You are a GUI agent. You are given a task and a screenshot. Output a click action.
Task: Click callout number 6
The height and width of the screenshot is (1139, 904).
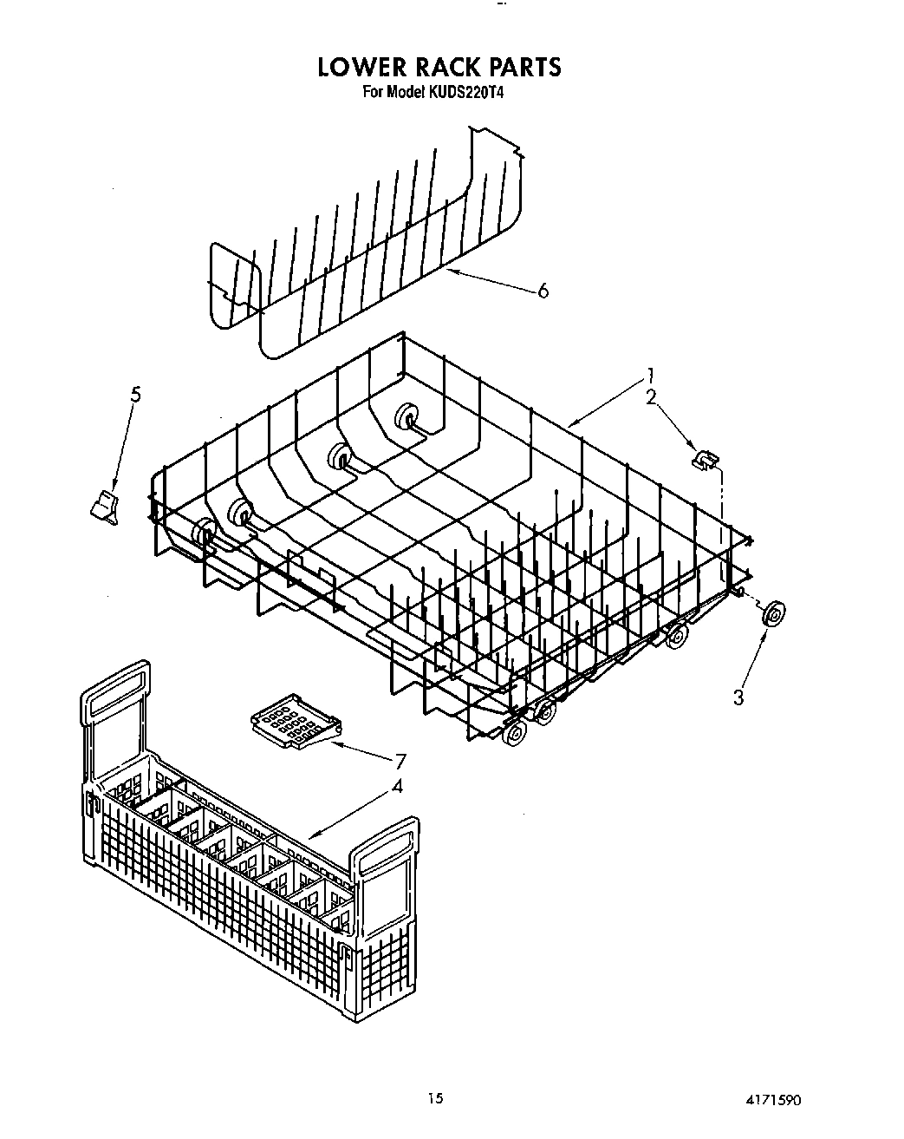pyautogui.click(x=543, y=291)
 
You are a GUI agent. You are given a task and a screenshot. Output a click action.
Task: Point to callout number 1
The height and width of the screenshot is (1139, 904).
pyautogui.click(x=649, y=376)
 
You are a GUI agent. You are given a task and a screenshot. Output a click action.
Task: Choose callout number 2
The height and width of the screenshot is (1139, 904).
pyautogui.click(x=651, y=397)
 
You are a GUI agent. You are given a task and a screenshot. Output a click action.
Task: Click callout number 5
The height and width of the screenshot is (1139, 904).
pyautogui.click(x=135, y=395)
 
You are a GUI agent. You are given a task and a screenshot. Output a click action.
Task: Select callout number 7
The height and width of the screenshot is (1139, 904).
pyautogui.click(x=400, y=762)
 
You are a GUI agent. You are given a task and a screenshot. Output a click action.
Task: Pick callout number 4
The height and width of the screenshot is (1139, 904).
pyautogui.click(x=396, y=787)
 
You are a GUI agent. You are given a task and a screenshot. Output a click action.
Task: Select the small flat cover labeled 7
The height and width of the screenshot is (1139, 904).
pyautogui.click(x=291, y=719)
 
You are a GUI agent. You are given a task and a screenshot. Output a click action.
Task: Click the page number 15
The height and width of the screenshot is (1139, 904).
pyautogui.click(x=435, y=1099)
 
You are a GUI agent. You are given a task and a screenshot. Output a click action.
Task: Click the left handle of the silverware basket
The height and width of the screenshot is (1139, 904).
pyautogui.click(x=114, y=694)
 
